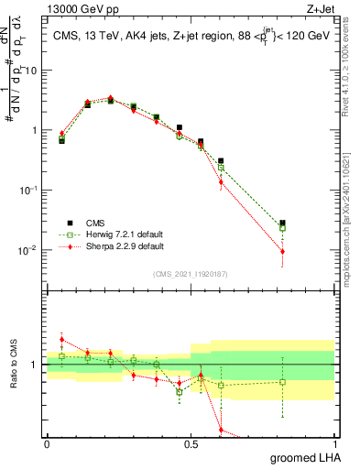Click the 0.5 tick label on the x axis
coord(191,443)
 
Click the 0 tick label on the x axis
coord(47,443)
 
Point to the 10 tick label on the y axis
coord(31,71)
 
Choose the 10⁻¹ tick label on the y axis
coord(29,190)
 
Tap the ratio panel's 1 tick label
coord(37,365)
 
